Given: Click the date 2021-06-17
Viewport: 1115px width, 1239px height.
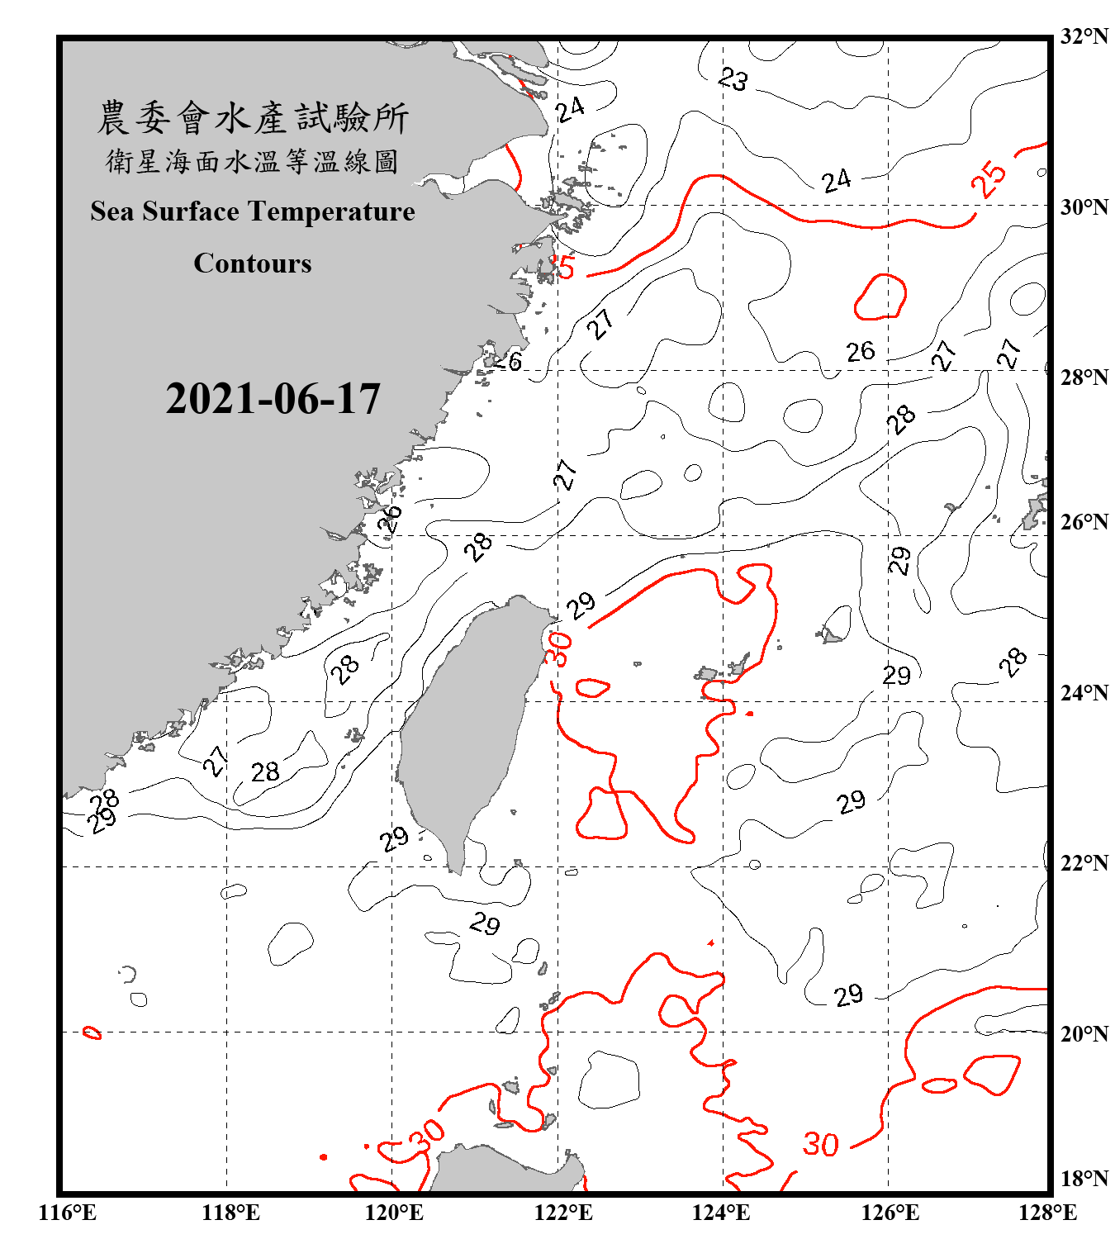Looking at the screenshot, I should pyautogui.click(x=273, y=399).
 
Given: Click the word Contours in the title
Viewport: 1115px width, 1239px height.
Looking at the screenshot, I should pyautogui.click(x=253, y=263).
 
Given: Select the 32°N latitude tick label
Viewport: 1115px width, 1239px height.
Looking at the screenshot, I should pyautogui.click(x=1084, y=36).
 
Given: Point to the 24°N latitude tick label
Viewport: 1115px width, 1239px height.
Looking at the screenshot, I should pyautogui.click(x=1084, y=692).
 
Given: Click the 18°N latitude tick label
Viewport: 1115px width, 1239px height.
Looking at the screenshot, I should pyautogui.click(x=1084, y=1179).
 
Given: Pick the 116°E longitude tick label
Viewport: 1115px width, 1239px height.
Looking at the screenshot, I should pyautogui.click(x=68, y=1213).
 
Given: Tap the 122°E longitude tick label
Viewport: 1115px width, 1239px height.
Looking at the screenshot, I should pyautogui.click(x=563, y=1213).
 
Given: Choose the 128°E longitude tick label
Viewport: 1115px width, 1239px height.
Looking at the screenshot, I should pyautogui.click(x=1047, y=1213).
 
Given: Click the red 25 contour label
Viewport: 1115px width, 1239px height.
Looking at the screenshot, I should pyautogui.click(x=989, y=178).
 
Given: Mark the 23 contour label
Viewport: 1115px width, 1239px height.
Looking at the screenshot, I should pyautogui.click(x=733, y=79).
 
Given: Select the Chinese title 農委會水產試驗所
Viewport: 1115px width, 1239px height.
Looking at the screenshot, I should pyautogui.click(x=253, y=118).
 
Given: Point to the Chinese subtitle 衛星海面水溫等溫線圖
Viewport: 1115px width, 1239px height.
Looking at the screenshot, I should pyautogui.click(x=253, y=161).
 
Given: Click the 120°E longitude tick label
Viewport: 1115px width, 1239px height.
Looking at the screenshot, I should pyautogui.click(x=395, y=1213).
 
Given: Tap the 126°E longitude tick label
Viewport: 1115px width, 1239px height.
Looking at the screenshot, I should pyautogui.click(x=890, y=1213).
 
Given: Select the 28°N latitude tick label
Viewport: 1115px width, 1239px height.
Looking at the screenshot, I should pyautogui.click(x=1084, y=377).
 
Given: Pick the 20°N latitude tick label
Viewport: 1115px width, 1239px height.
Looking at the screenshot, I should pyautogui.click(x=1084, y=1033).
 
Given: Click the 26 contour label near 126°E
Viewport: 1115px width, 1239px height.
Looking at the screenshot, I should pyautogui.click(x=860, y=352).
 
